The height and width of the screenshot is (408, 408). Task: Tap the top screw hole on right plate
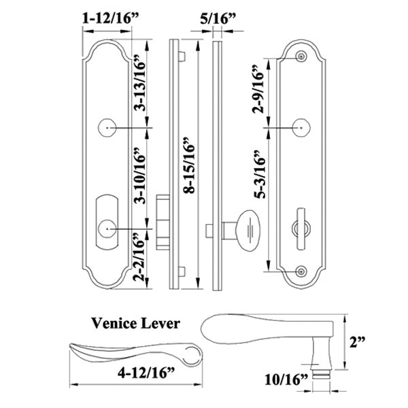[x=301, y=57]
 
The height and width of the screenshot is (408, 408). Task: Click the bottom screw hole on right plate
[x=301, y=271]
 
